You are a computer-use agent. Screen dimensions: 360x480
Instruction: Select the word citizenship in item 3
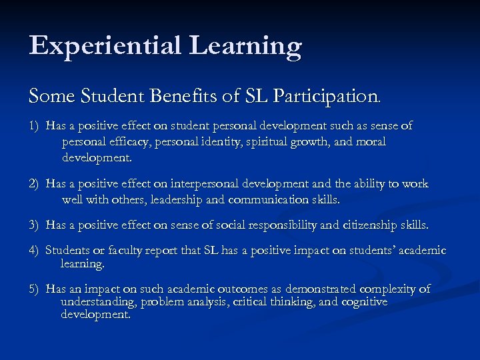[x=370, y=225]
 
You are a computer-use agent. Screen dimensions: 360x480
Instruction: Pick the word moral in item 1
[x=370, y=142]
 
